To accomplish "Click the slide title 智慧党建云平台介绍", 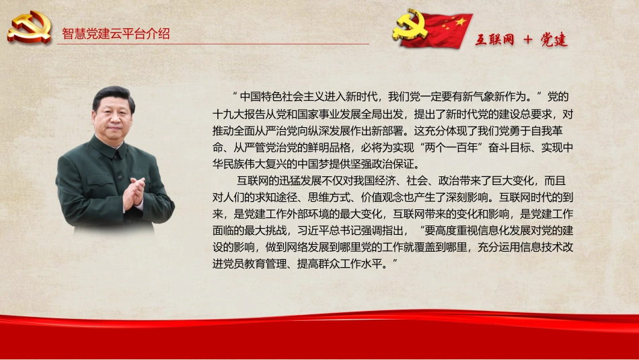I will pyautogui.click(x=116, y=34).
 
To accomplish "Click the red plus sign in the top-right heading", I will pyautogui.click(x=527, y=40).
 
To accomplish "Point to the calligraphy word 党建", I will pyautogui.click(x=554, y=40).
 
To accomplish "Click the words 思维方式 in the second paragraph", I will pyautogui.click(x=319, y=198).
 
